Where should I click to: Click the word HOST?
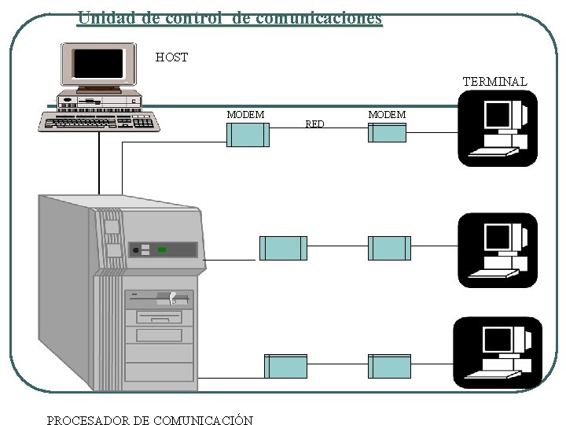171,57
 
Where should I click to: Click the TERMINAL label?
494,81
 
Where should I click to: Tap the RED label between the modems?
314,124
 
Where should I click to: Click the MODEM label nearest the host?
245,115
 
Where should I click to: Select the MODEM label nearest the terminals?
387,115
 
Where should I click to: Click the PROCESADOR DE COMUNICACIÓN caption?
150,419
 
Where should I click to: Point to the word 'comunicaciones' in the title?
319,17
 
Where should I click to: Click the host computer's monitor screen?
98,62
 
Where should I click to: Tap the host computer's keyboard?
99,122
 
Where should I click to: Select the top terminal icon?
498,128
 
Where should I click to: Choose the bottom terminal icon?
498,354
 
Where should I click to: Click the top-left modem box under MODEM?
248,135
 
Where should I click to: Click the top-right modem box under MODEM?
388,132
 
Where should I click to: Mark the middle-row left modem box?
281,248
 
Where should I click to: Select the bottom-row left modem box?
285,366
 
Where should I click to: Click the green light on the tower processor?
161,249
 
